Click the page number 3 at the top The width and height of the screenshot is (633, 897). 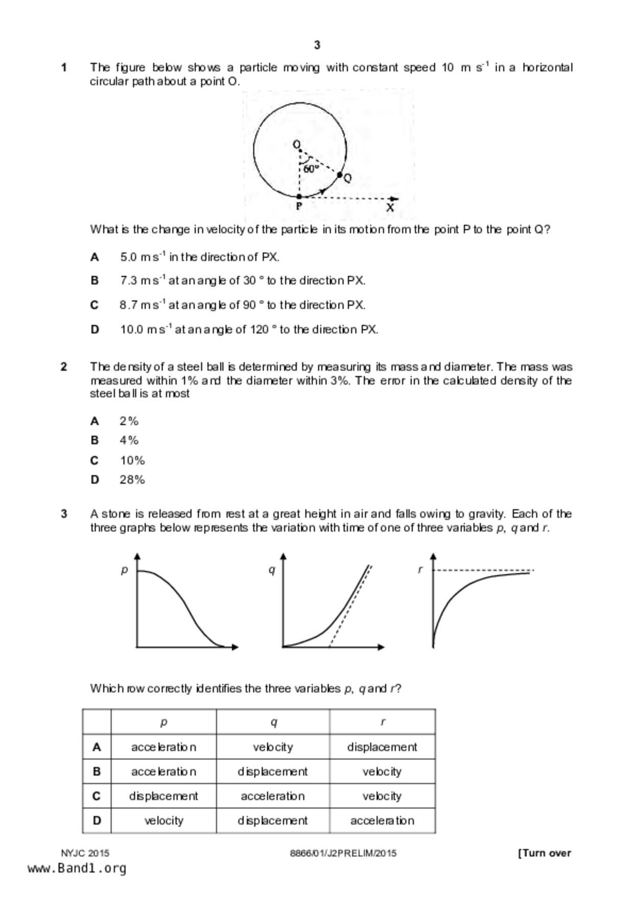317,46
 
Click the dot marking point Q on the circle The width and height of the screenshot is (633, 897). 340,175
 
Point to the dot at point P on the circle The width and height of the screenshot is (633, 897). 299,196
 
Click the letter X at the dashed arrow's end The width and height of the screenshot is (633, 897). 390,208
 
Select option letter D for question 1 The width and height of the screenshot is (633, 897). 95,330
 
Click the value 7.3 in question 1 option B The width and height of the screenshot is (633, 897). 129,281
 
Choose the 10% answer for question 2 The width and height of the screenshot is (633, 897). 132,461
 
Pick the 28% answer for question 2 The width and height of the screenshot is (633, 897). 132,480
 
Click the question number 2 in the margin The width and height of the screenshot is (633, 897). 64,367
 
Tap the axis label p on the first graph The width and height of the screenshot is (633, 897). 124,570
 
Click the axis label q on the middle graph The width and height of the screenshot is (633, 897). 272,570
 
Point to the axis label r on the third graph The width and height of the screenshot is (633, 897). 420,570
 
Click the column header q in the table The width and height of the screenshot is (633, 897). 273,722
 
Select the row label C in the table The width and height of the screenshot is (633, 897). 97,796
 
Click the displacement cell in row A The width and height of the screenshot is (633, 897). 382,747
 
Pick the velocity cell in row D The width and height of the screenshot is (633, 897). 163,821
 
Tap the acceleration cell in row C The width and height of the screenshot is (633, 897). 273,796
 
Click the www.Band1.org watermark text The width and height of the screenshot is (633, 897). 77,868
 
